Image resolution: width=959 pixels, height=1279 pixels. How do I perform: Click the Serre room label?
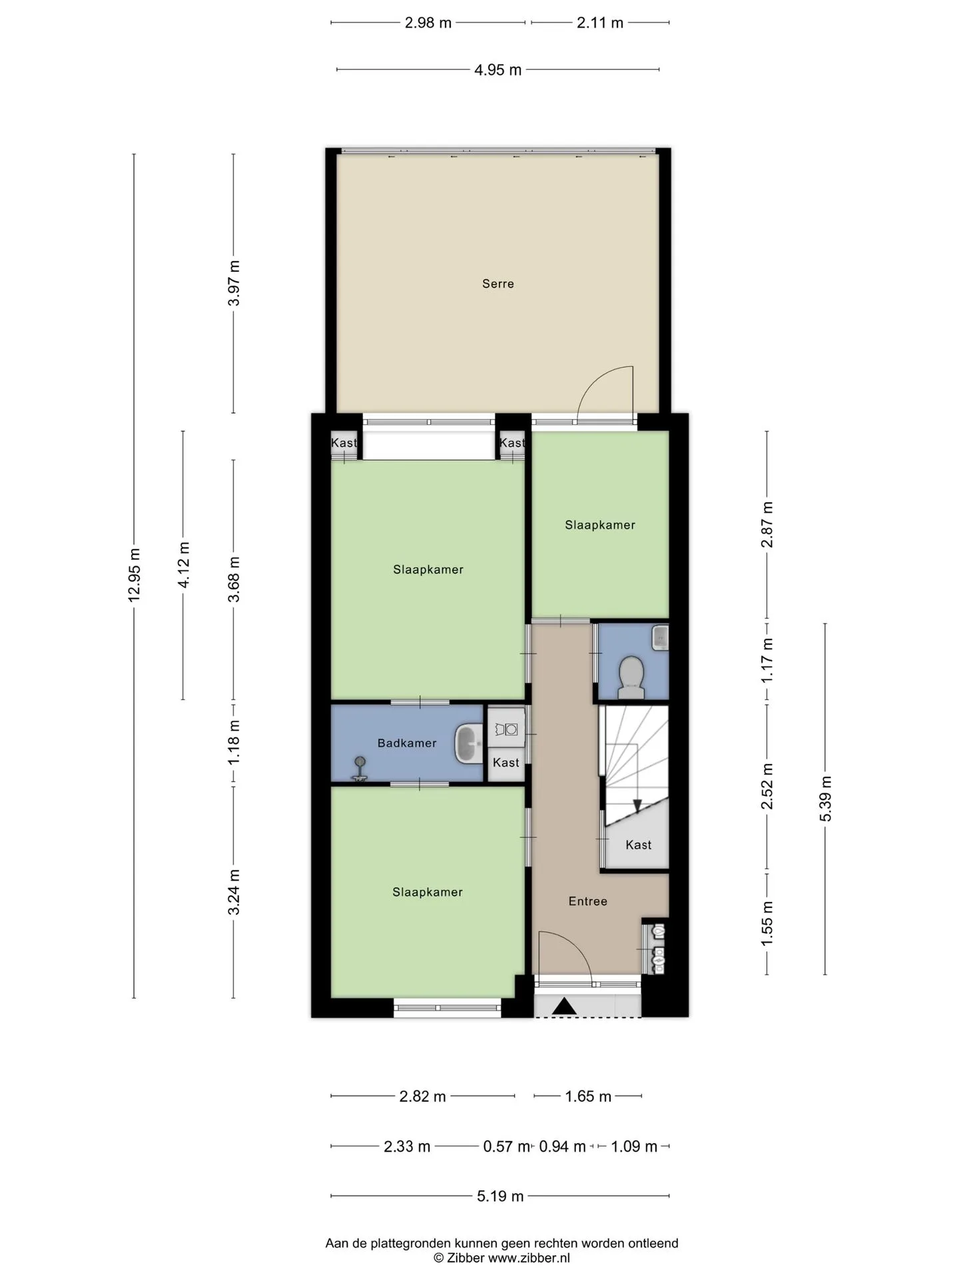point(498,284)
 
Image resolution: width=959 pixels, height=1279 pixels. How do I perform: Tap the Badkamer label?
point(407,743)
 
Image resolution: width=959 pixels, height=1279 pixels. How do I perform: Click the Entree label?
point(588,901)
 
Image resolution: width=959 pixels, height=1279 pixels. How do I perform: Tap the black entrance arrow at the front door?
point(565,1006)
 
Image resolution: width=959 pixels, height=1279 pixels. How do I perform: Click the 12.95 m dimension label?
point(135,575)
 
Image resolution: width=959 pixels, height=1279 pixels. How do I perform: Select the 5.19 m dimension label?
point(500,1196)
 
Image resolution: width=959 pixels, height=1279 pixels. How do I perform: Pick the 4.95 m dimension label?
point(497,70)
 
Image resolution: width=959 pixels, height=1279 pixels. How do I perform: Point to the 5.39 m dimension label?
point(826,799)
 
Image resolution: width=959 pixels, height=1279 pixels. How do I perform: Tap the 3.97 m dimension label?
point(234,283)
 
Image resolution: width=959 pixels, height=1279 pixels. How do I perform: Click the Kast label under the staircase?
point(639,845)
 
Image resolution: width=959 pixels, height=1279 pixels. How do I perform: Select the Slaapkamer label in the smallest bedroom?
point(600,525)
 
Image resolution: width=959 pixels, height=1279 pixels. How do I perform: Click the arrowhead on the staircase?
point(637,806)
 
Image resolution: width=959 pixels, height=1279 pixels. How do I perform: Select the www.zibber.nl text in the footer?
point(529,1258)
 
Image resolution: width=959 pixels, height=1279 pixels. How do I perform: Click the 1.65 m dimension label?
point(588,1096)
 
